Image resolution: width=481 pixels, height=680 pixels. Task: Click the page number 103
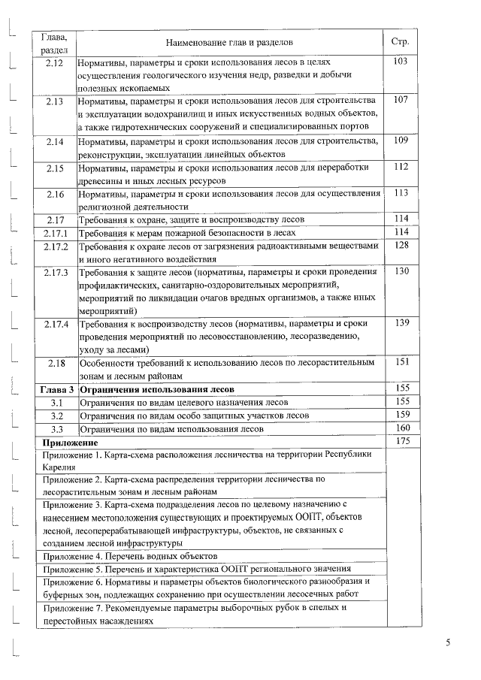tap(400, 61)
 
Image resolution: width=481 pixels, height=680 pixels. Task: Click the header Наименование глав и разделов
tap(228, 43)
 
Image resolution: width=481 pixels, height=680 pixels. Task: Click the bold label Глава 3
tap(57, 390)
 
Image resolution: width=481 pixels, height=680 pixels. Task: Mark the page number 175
tap(400, 442)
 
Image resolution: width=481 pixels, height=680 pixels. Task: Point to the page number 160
tap(400, 428)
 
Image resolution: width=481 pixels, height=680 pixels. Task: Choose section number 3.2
tap(56, 416)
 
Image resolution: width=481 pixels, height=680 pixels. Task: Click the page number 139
tap(400, 322)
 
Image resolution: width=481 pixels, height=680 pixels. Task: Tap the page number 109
tap(400, 140)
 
